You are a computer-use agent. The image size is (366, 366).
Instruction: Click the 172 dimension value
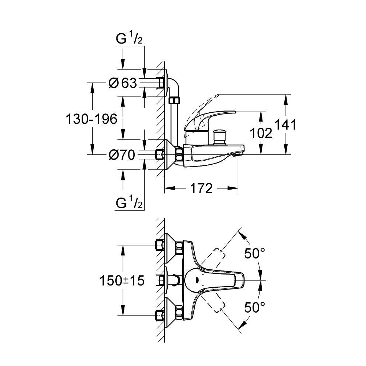click(201, 188)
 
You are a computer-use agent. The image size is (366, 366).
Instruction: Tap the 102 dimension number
click(261, 133)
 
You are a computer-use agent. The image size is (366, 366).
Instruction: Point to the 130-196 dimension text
click(91, 119)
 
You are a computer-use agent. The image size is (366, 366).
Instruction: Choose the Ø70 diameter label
click(122, 154)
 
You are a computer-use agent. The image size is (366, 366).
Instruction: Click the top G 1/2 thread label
click(129, 39)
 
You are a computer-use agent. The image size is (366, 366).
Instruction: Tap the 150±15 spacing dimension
click(122, 280)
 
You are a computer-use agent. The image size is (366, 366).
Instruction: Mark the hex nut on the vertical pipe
click(174, 101)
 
